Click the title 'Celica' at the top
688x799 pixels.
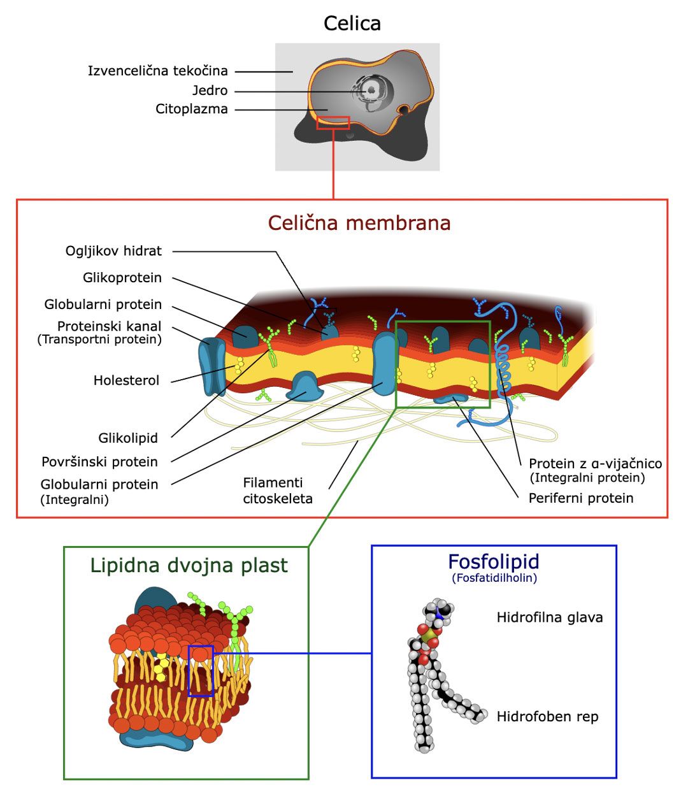click(352, 24)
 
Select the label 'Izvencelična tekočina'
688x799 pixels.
click(157, 71)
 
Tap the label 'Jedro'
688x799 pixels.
click(210, 90)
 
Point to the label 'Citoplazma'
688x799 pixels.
click(191, 109)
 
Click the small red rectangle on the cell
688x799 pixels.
click(333, 122)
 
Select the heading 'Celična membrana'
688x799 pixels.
click(359, 223)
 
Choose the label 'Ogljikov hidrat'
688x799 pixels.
click(113, 251)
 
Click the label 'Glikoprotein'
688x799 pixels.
click(122, 278)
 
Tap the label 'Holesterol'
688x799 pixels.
click(126, 380)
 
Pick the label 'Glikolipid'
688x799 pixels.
click(127, 438)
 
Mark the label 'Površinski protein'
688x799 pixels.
click(99, 461)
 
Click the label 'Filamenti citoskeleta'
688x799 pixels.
click(277, 491)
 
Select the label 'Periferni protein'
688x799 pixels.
click(580, 498)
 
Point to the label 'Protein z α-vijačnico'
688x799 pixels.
click(594, 464)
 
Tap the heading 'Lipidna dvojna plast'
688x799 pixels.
click(189, 565)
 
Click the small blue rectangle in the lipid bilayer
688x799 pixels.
click(201, 670)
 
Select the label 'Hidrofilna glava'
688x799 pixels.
click(549, 617)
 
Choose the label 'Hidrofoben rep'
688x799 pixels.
click(547, 716)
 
